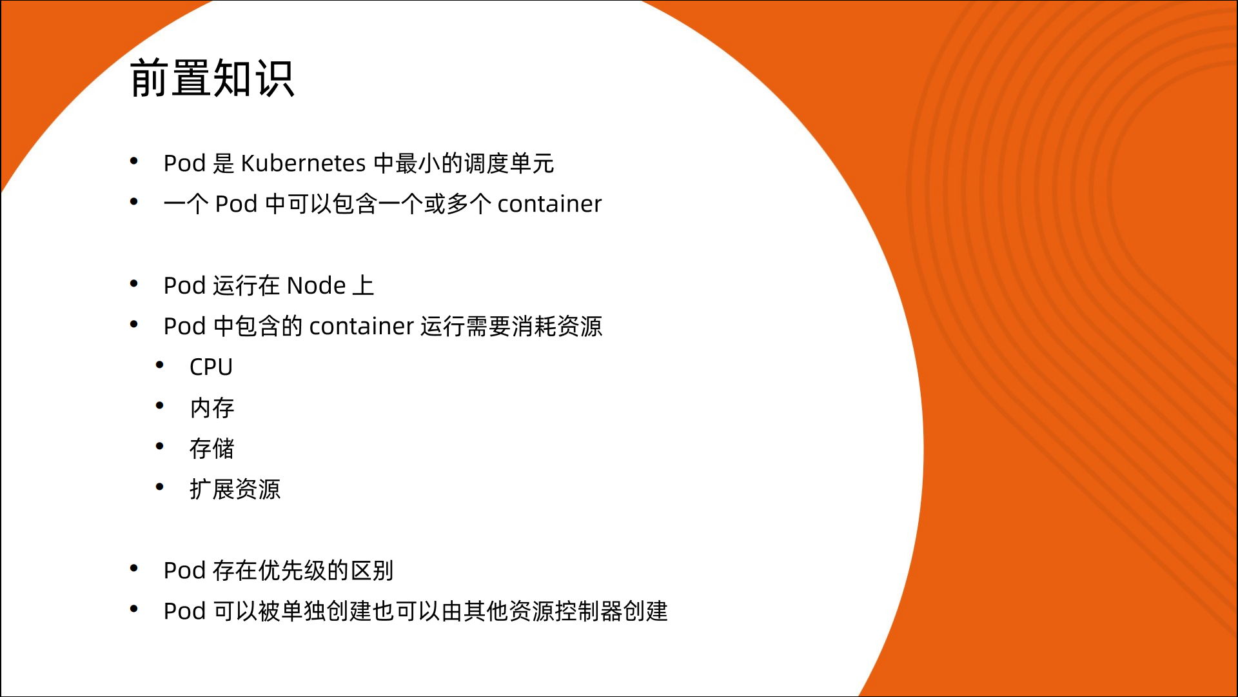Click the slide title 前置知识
click(212, 78)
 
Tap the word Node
click(316, 285)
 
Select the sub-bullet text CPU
click(211, 367)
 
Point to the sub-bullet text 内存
click(212, 408)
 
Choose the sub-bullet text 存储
click(212, 449)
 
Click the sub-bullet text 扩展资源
click(235, 489)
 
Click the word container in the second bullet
click(549, 204)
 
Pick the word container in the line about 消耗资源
click(362, 326)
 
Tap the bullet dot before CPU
click(160, 365)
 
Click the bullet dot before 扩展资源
click(160, 487)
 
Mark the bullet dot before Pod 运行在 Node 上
click(134, 283)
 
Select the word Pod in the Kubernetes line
click(184, 163)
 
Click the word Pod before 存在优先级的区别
click(184, 571)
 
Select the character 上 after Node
click(364, 285)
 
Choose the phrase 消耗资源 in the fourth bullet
click(557, 326)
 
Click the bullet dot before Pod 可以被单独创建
click(134, 609)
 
